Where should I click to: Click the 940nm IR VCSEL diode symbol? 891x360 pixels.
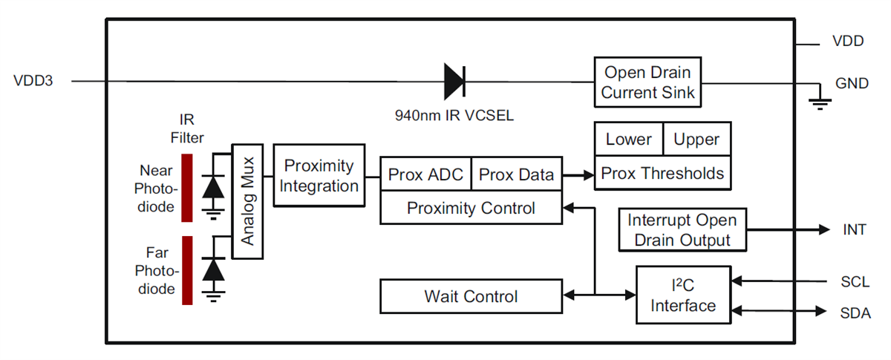click(x=454, y=82)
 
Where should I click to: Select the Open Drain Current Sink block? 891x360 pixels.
click(x=647, y=82)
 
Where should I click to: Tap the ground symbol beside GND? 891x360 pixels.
click(x=820, y=102)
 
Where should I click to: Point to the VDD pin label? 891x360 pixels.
click(x=848, y=42)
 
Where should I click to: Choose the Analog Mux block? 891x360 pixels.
click(x=248, y=201)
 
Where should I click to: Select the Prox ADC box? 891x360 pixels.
click(x=425, y=175)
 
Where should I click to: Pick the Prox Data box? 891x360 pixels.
click(x=517, y=175)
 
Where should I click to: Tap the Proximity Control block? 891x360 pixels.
click(x=471, y=209)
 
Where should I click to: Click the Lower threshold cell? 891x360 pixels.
click(x=628, y=140)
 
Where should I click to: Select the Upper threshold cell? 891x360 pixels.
click(x=696, y=140)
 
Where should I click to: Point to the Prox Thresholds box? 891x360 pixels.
click(x=662, y=173)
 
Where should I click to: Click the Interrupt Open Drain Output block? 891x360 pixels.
click(x=682, y=230)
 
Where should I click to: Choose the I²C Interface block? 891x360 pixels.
click(x=683, y=295)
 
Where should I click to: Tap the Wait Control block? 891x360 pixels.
click(x=471, y=297)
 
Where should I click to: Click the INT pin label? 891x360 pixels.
click(x=855, y=230)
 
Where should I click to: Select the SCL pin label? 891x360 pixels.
click(x=855, y=282)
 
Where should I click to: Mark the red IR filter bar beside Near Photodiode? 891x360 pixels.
click(x=186, y=187)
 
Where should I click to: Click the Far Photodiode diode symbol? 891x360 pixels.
click(x=214, y=270)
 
